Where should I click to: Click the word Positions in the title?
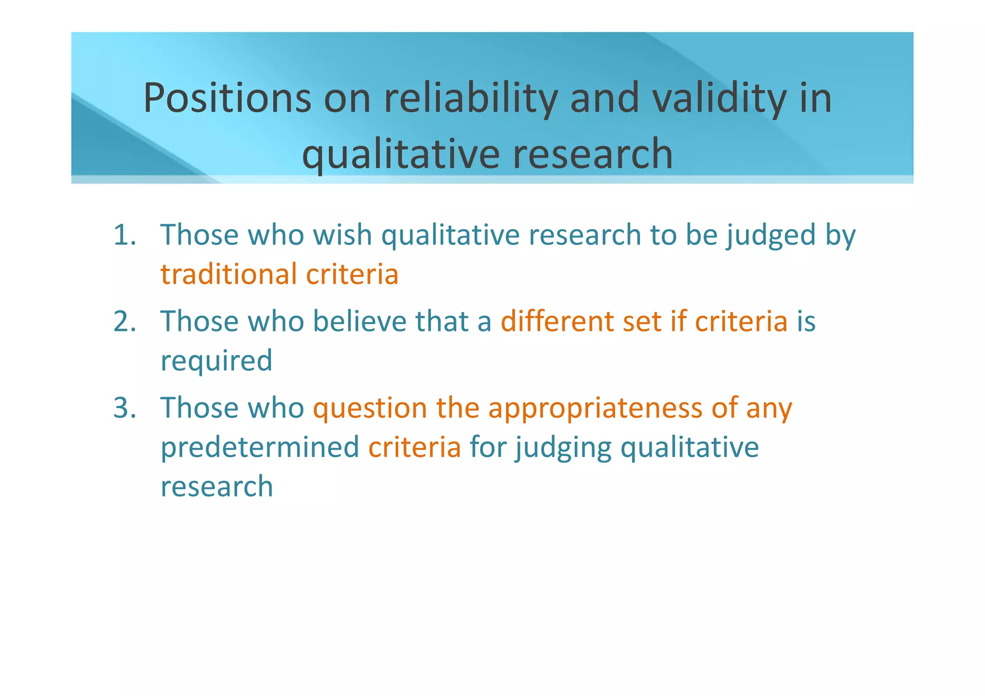pos(227,98)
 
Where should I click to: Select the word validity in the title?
pos(719,98)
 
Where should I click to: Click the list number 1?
pos(125,235)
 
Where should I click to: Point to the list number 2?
pos(125,321)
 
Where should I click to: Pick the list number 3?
pos(125,408)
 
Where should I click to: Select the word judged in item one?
pos(770,235)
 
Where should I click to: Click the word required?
pos(216,361)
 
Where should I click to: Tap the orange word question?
pos(370,408)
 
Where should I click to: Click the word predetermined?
pos(260,447)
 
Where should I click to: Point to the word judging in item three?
pos(564,447)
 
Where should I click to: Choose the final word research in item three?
pos(216,486)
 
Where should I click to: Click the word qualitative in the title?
pos(401,154)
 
